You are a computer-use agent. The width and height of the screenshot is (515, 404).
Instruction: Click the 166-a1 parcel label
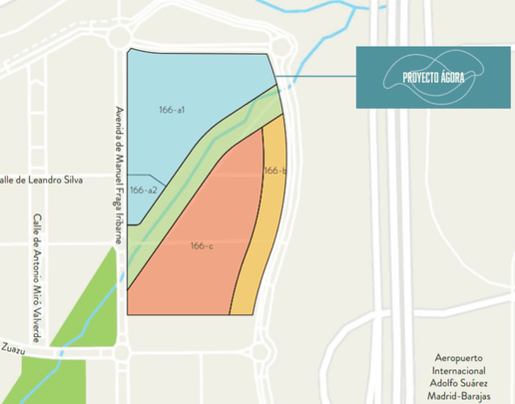point(173,108)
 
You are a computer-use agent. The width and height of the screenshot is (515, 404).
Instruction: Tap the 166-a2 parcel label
point(144,190)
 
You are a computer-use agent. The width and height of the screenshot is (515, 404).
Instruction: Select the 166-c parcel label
point(202,245)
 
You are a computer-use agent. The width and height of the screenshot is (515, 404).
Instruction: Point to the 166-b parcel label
point(275,172)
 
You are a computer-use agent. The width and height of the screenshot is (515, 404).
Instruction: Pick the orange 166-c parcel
point(190,269)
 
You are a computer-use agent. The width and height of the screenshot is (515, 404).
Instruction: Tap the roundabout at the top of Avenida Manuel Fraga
point(121,38)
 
